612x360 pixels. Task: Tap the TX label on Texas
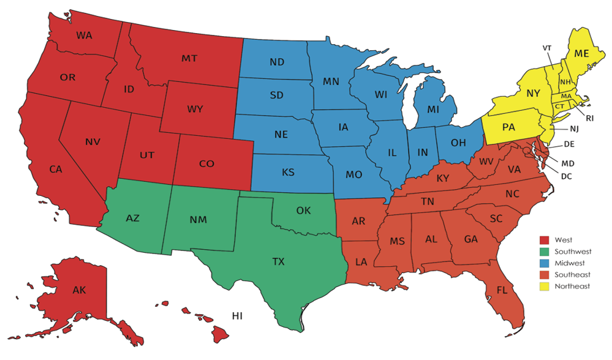pyautogui.click(x=279, y=261)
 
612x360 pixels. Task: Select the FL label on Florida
pyautogui.click(x=502, y=290)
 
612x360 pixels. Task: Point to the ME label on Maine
pyautogui.click(x=581, y=54)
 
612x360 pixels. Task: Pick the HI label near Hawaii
pyautogui.click(x=237, y=315)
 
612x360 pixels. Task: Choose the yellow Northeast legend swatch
pyautogui.click(x=544, y=286)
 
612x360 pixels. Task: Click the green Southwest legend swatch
pyautogui.click(x=544, y=251)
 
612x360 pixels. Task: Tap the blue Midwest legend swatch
pyautogui.click(x=544, y=263)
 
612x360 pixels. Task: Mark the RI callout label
pyautogui.click(x=589, y=118)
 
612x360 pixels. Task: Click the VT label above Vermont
pyautogui.click(x=546, y=47)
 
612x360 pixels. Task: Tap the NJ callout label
pyautogui.click(x=573, y=129)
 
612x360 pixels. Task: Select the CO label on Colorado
pyautogui.click(x=206, y=163)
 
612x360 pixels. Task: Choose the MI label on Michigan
pyautogui.click(x=433, y=109)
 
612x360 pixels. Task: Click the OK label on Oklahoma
pyautogui.click(x=303, y=211)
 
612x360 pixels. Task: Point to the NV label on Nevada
pyautogui.click(x=93, y=142)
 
